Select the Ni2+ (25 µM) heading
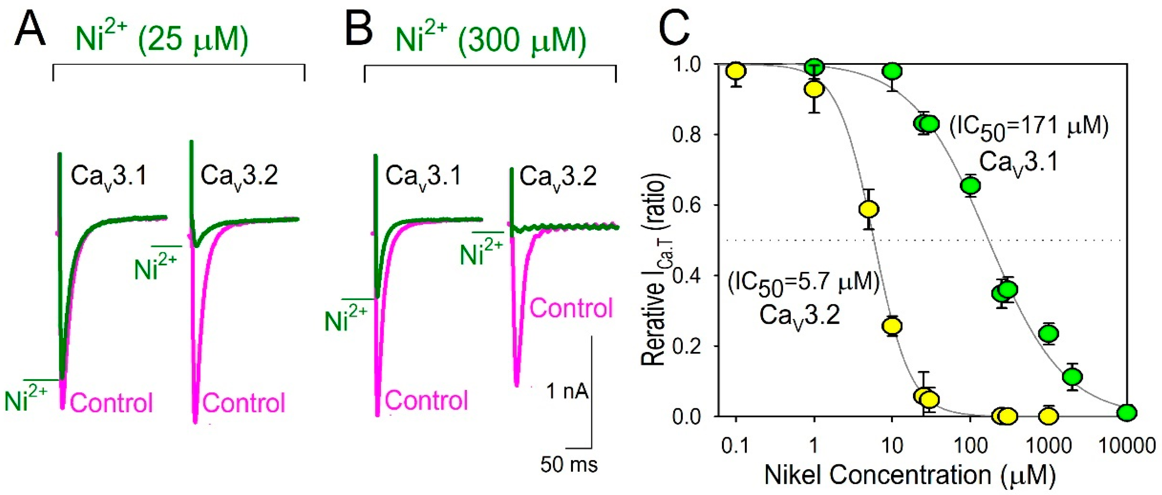pos(162,40)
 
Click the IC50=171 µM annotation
pos(1029,128)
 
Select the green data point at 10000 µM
pos(1127,412)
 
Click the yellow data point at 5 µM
pos(869,209)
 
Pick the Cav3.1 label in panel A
pos(109,176)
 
